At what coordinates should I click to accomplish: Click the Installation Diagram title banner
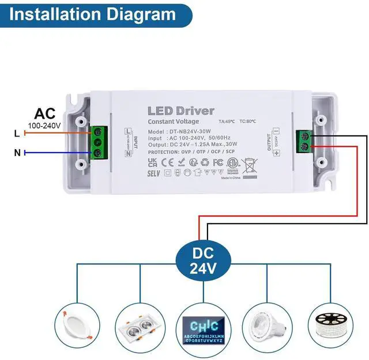92,14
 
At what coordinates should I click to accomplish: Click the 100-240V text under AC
44,125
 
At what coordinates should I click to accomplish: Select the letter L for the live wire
17,134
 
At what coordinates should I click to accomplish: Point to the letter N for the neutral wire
17,153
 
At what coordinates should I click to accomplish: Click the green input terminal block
99,143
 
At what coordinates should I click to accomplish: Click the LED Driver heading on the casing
180,111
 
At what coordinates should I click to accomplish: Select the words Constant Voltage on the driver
173,122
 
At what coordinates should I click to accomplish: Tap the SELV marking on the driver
153,172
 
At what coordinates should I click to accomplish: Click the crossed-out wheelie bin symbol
249,166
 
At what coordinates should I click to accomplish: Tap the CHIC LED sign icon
203,329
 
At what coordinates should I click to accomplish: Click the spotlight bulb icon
266,326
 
